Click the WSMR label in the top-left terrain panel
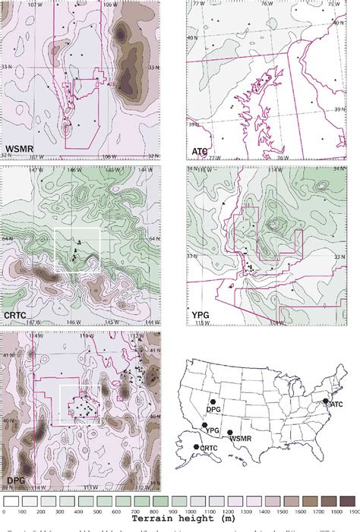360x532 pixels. click(x=22, y=147)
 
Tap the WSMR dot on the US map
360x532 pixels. click(x=230, y=433)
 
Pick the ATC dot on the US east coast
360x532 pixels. click(x=325, y=401)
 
